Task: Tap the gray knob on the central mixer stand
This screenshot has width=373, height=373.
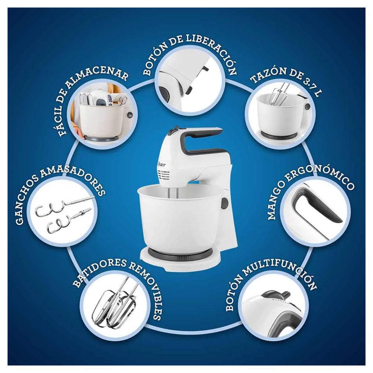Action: [x=224, y=203]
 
